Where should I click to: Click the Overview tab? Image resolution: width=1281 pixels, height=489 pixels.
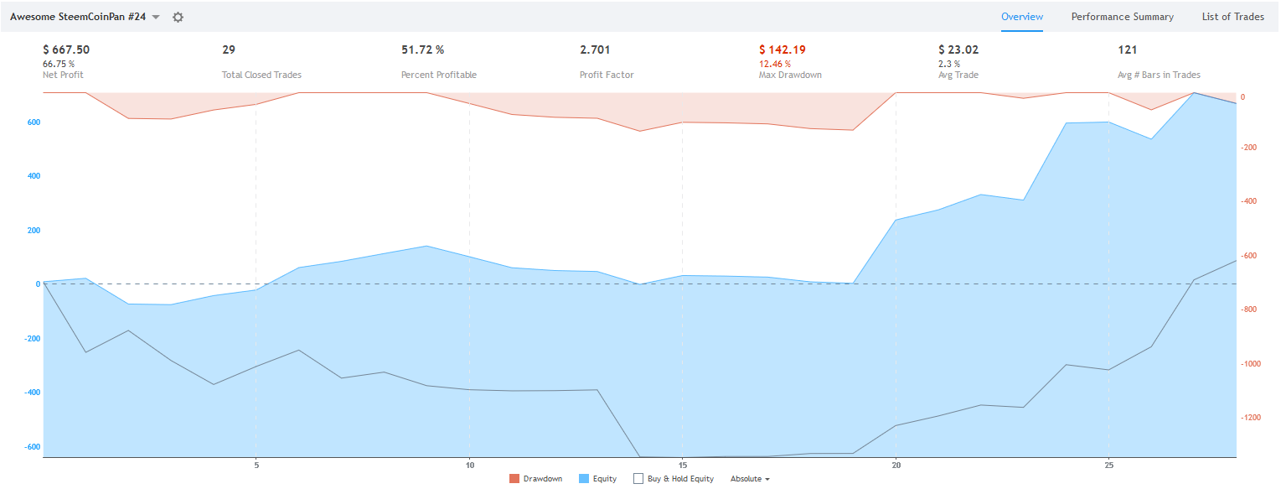tap(1021, 17)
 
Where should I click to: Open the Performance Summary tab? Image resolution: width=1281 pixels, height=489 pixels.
tap(1122, 17)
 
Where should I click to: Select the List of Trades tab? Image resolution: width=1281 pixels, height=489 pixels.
tap(1232, 17)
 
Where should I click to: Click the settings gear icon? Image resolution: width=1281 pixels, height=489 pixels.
tap(178, 17)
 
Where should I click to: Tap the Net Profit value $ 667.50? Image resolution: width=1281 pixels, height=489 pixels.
tap(66, 49)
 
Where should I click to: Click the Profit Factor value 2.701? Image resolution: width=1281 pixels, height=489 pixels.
tap(595, 49)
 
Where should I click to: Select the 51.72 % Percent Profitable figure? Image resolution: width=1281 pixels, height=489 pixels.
tap(422, 49)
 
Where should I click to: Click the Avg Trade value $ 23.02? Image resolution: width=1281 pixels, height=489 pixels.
tap(958, 49)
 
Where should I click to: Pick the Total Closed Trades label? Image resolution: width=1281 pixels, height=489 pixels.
tap(261, 75)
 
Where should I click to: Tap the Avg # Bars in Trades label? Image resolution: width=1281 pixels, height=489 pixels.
tap(1159, 75)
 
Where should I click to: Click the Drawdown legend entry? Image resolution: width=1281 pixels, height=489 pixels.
tap(535, 479)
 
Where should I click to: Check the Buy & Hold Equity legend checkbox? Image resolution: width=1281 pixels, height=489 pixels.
tap(638, 479)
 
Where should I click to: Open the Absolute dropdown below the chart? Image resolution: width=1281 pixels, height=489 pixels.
tap(750, 479)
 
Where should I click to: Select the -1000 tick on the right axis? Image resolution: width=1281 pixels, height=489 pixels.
tap(1248, 364)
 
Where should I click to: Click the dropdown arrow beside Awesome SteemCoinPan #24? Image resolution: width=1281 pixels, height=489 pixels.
tap(156, 17)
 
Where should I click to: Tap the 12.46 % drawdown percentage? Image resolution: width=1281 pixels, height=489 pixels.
tap(774, 64)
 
